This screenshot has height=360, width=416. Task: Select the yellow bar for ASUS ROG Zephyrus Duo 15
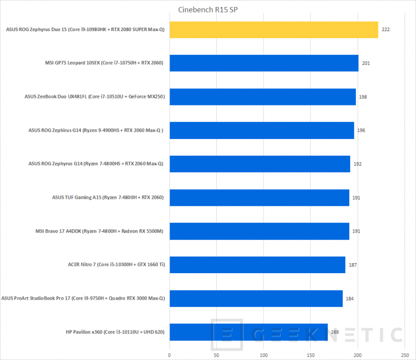point(273,30)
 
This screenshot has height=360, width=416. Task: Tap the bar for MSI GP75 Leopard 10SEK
point(264,63)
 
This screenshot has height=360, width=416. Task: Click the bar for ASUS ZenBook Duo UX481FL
point(262,97)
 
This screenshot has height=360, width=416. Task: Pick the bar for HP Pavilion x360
point(248,332)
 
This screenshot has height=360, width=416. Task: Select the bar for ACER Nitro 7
point(257,265)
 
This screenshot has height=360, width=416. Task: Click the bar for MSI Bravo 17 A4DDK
point(259,231)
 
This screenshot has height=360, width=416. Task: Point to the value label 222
point(385,30)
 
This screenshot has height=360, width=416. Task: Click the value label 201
point(366,63)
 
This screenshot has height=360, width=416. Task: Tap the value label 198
point(363,97)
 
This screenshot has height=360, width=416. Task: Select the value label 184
point(350,298)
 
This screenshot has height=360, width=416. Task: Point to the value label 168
point(335,332)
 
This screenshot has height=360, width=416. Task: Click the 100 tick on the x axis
point(263,355)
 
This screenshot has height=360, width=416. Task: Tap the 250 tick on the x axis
point(404,355)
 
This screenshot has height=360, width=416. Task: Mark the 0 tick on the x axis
point(170,355)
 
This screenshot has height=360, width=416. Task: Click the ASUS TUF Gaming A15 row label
point(108,197)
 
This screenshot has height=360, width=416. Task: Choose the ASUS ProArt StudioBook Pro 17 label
point(83,298)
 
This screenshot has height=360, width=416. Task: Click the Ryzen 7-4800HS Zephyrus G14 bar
point(260,164)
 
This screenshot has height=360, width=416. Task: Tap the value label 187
point(353,265)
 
